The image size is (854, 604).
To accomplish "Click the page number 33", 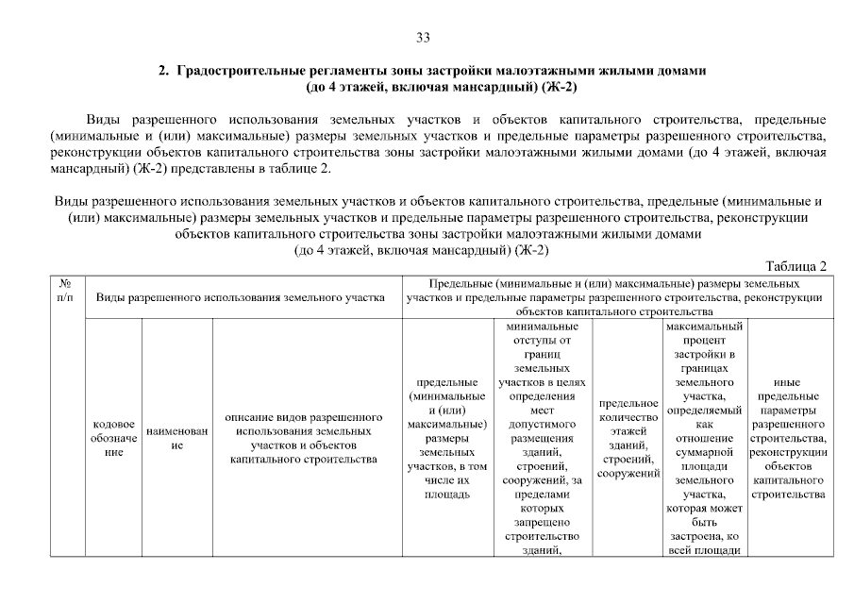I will [423, 38].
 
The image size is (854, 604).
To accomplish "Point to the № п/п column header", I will [66, 290].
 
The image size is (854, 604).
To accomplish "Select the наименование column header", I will [177, 438].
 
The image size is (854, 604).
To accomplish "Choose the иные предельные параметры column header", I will [787, 438].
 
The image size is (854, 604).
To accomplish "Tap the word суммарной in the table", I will [704, 453].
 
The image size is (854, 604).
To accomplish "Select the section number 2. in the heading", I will [162, 71].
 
